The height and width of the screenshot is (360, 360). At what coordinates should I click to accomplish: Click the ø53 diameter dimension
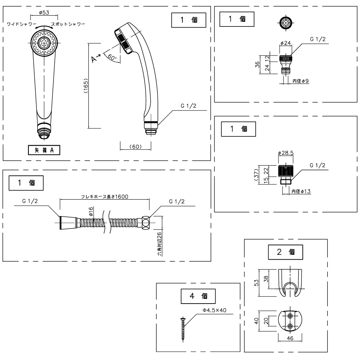44,13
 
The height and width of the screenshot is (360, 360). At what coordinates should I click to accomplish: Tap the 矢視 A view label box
44,150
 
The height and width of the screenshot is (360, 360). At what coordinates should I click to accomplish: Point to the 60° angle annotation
112,58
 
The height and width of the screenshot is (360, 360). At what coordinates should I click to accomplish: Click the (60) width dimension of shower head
135,146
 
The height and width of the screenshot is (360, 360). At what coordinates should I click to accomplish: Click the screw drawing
182,329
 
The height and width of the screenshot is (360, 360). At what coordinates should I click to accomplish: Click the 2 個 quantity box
286,252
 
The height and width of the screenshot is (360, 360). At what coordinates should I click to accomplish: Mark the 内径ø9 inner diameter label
300,81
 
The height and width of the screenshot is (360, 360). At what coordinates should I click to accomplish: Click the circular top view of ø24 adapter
285,23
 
